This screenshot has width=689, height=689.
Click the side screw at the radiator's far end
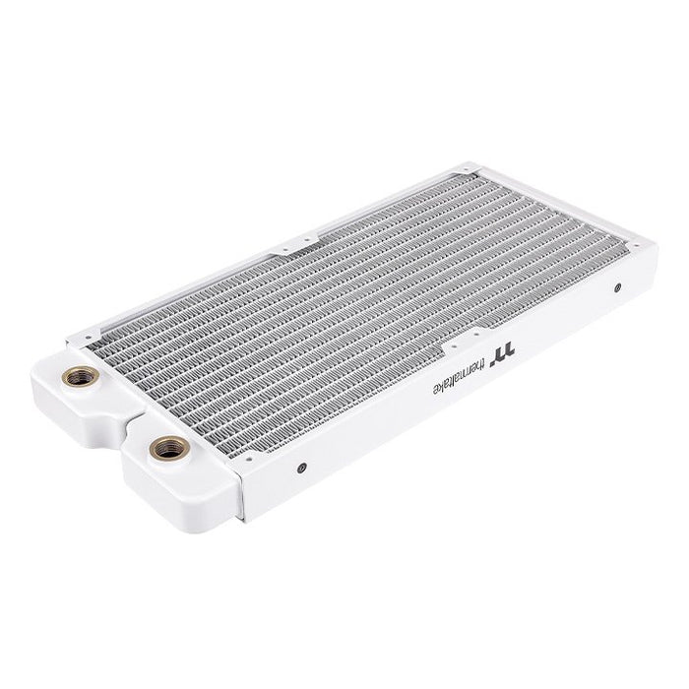[x=616, y=288]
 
